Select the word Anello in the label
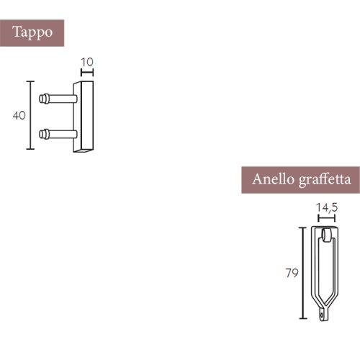[271, 179]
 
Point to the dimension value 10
[87, 62]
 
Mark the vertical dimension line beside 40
[30, 115]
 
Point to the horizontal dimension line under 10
[87, 72]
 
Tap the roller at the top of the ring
[327, 235]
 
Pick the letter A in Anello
[257, 179]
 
